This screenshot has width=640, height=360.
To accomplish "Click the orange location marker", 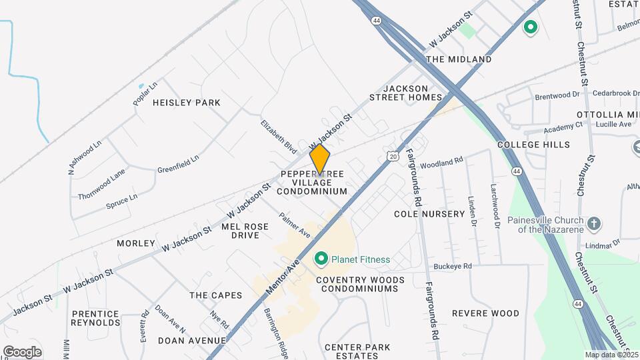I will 320,159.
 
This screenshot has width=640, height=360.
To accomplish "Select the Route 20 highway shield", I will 393,155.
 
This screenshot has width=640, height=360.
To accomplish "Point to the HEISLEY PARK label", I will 187,103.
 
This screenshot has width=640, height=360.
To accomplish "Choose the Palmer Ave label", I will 295,225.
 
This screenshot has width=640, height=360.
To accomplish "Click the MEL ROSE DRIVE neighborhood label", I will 245,231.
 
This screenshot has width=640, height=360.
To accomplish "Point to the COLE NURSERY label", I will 429,214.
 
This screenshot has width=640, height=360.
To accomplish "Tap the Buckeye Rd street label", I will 453,266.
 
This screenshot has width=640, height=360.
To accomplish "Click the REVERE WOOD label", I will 485,313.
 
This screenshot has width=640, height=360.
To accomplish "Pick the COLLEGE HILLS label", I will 533,145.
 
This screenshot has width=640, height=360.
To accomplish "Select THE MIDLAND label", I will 459,59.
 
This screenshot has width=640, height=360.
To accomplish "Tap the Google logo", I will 22,351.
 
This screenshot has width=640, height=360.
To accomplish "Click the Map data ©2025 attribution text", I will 612,355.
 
